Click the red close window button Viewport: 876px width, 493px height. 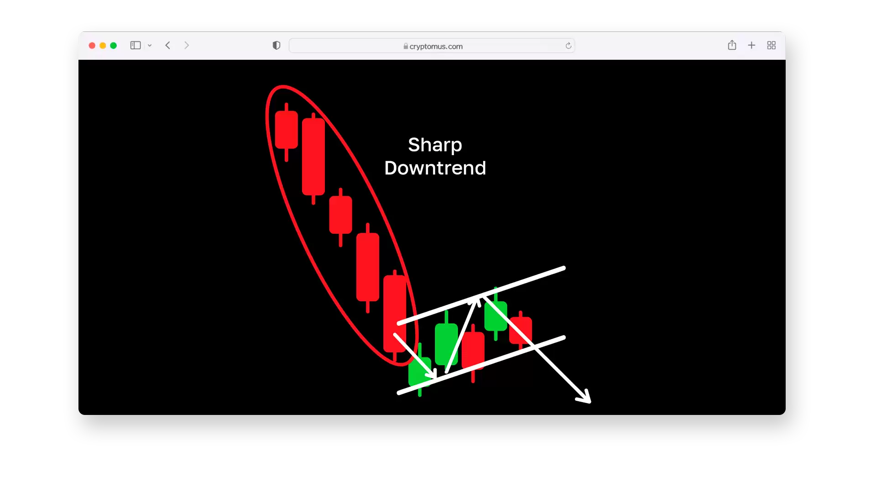[x=92, y=46]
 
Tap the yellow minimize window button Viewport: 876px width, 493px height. [x=103, y=46]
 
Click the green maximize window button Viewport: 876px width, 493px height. [x=114, y=46]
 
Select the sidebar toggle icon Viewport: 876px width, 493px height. [x=136, y=45]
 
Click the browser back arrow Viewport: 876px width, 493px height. [x=168, y=45]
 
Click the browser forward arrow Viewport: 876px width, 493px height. [x=187, y=45]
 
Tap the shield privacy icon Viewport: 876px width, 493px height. [x=276, y=45]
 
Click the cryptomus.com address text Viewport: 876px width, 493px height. [x=436, y=46]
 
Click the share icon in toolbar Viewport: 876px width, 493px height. [x=732, y=45]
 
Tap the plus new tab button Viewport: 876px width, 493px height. [x=751, y=45]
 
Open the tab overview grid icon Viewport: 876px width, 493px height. [x=772, y=45]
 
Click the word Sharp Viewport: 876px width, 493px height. [x=435, y=145]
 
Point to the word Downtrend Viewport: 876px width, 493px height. [x=435, y=168]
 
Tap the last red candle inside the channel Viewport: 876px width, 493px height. [x=521, y=330]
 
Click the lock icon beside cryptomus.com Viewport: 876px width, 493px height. [x=406, y=46]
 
